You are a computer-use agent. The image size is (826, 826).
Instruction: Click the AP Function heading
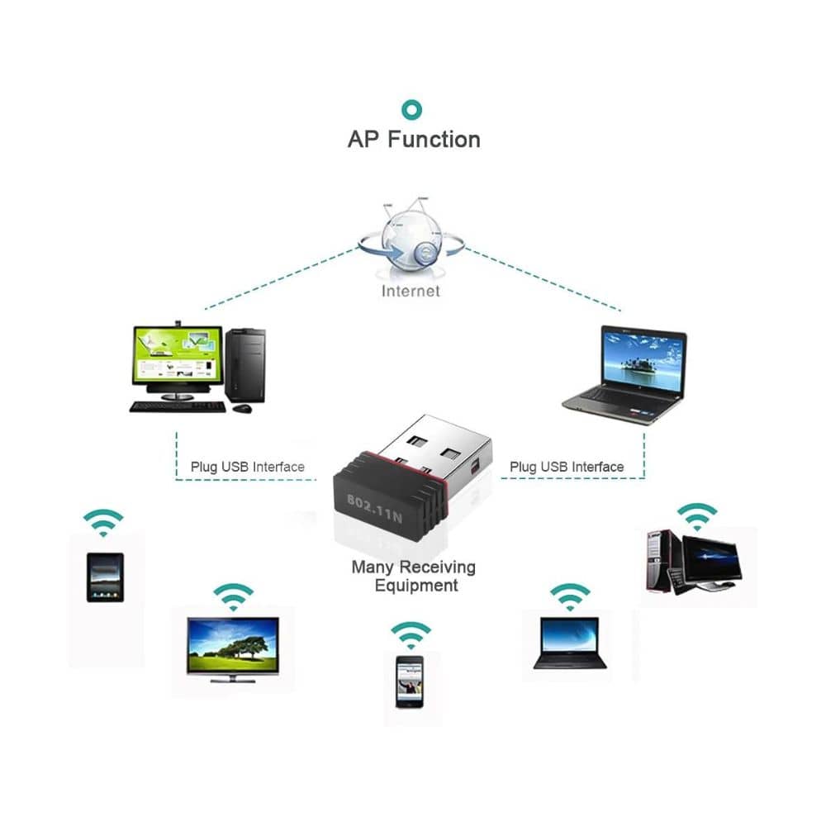(413, 139)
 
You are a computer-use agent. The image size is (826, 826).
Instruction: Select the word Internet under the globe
(411, 291)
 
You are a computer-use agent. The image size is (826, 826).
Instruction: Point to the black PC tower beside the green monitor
(244, 364)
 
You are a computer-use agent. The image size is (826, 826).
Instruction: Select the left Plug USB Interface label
(248, 467)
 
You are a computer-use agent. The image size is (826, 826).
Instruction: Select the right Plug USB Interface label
(567, 467)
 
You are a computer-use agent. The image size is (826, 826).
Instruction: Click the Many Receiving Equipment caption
(414, 577)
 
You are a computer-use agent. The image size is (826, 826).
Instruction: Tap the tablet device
(105, 577)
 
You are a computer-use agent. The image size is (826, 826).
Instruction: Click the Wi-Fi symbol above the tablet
(103, 523)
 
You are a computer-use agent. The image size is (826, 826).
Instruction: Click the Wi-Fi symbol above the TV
(233, 597)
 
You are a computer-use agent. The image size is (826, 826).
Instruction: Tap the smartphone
(410, 681)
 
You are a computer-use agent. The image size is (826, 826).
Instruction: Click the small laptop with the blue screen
(569, 643)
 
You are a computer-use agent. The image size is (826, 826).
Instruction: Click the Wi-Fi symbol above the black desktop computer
(698, 515)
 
